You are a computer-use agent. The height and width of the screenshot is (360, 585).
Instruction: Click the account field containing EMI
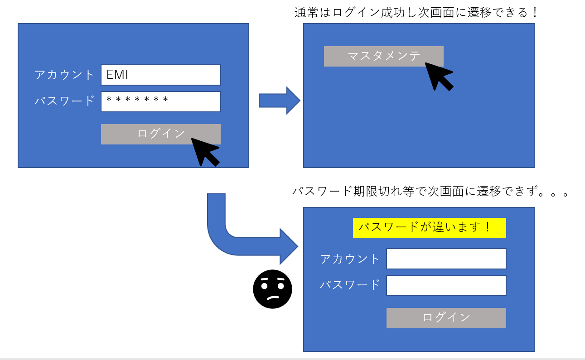tap(160, 75)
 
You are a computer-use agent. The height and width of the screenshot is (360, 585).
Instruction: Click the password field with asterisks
tap(160, 101)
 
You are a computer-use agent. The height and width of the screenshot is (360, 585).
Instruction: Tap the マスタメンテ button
tap(383, 56)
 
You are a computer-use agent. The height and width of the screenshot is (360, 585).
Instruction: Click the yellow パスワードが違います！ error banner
tap(429, 227)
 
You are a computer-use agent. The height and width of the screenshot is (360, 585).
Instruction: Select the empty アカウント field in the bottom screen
tap(446, 259)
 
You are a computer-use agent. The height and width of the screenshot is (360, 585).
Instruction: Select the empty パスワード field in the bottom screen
tap(446, 285)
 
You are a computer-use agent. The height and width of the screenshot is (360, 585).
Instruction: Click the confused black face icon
tap(272, 289)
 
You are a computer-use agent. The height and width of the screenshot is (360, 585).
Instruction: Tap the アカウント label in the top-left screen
tap(64, 75)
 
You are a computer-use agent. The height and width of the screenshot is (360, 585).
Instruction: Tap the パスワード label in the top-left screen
tap(64, 101)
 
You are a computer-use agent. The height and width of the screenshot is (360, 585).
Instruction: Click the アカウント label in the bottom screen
tap(350, 259)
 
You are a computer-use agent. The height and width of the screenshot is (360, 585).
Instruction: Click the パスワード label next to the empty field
tap(350, 285)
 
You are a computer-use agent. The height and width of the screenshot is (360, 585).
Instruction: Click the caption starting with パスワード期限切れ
tap(430, 192)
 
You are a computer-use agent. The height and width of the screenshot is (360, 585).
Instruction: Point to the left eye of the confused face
tap(265, 286)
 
